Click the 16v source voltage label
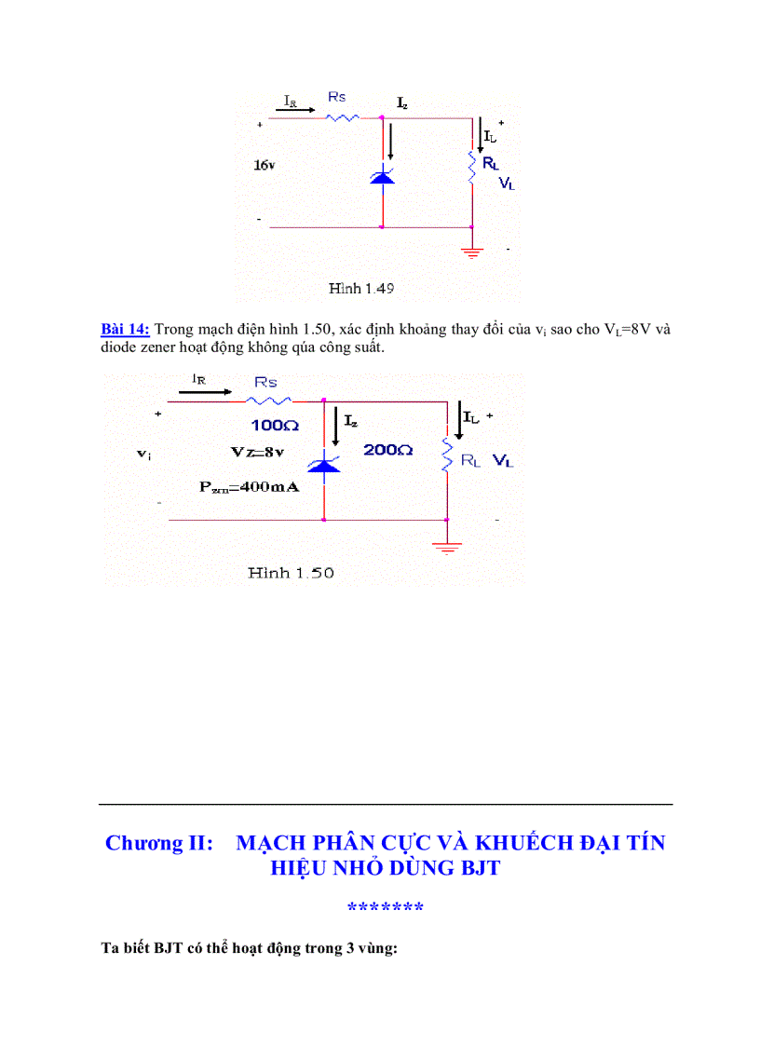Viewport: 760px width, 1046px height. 265,165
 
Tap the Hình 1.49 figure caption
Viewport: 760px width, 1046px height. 361,289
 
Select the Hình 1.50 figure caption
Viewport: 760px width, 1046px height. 291,573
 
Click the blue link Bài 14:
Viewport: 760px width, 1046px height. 125,329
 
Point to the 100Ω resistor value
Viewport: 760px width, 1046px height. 273,425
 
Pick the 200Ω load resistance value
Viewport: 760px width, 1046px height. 388,449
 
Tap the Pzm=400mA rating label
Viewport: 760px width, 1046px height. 249,487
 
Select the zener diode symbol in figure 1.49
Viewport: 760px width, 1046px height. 382,174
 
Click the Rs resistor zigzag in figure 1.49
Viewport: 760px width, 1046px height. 342,117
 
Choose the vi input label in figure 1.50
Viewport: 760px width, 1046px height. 143,454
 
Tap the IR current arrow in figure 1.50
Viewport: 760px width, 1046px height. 205,392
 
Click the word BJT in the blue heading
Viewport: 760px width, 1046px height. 479,868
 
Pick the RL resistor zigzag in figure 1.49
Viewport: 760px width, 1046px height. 472,168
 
